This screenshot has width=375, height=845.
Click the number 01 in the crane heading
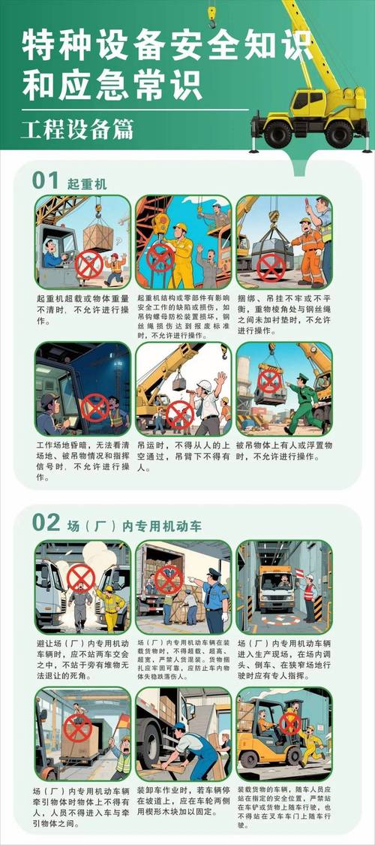[x=45, y=180]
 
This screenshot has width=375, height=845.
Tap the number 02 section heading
[x=46, y=521]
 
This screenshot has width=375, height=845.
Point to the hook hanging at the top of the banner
[x=212, y=14]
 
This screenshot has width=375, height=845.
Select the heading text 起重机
[x=87, y=183]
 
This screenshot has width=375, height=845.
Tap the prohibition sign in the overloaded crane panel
[x=89, y=264]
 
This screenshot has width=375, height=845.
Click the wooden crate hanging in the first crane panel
[x=97, y=236]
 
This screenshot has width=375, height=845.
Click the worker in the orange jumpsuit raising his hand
[x=308, y=252]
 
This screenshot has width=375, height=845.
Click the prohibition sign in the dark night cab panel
[x=94, y=407]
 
